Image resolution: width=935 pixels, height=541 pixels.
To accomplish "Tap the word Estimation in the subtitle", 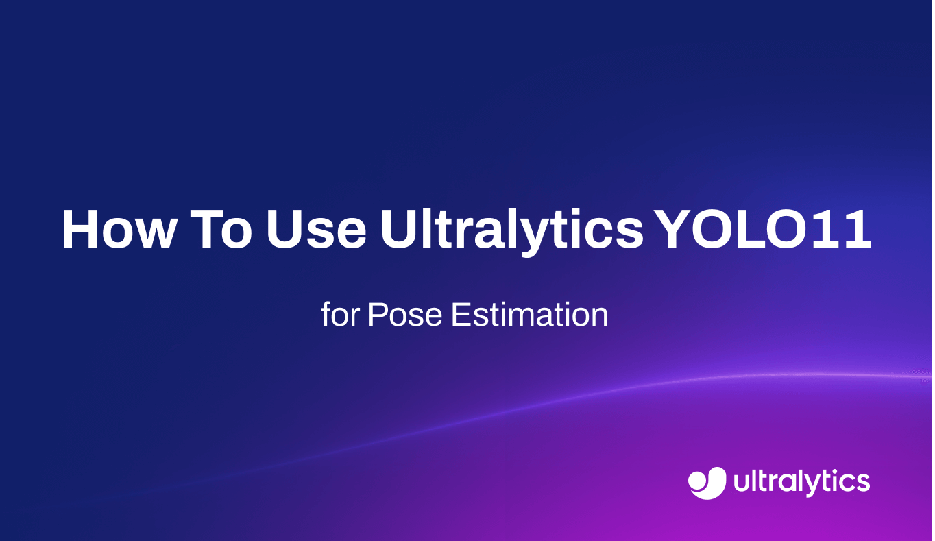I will [x=529, y=315].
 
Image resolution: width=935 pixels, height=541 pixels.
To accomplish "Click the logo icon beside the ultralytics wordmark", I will [x=707, y=483].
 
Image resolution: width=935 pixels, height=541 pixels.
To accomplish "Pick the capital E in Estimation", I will [x=459, y=315].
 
